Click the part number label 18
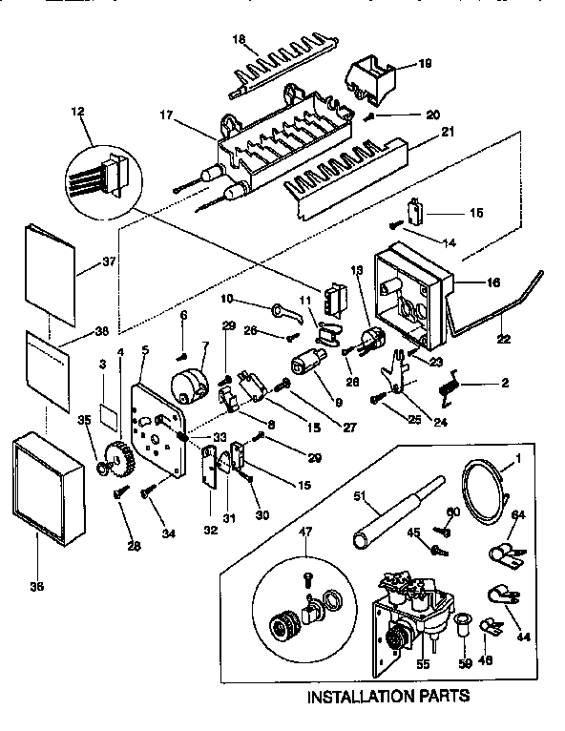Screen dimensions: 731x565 [x=239, y=40]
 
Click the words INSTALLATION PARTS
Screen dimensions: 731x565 [x=387, y=697]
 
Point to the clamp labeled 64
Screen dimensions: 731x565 [x=503, y=553]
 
